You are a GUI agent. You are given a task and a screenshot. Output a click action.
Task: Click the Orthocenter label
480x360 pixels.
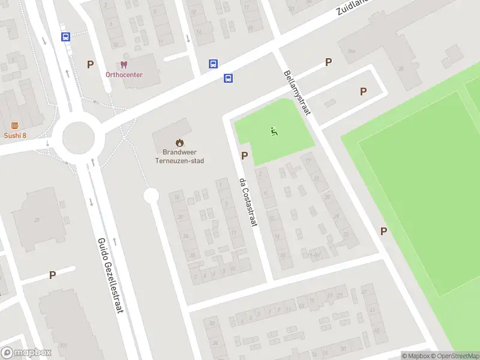(x=124, y=75)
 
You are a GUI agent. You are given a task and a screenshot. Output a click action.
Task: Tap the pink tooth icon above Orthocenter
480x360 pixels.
(x=124, y=64)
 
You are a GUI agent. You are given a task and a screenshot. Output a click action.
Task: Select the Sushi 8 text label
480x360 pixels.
(x=15, y=136)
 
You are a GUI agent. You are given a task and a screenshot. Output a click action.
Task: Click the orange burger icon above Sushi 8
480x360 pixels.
(x=14, y=125)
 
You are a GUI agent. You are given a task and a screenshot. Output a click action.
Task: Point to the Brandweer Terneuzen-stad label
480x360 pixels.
(x=179, y=157)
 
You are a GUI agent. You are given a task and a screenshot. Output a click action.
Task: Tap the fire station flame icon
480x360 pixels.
(x=179, y=143)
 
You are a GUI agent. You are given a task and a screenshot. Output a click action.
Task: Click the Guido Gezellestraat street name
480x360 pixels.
(x=110, y=275)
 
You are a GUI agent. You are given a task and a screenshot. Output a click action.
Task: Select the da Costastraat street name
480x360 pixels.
(x=248, y=202)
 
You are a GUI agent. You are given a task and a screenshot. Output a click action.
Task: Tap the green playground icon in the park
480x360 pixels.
(x=274, y=131)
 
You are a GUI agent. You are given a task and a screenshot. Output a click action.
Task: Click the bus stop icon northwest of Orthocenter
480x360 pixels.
(x=65, y=37)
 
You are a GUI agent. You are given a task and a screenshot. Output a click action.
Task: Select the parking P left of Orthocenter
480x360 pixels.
(x=91, y=64)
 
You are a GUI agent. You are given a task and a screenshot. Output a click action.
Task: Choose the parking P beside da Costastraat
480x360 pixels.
(x=244, y=155)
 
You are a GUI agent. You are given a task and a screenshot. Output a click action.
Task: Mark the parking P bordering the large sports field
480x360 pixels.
(x=383, y=231)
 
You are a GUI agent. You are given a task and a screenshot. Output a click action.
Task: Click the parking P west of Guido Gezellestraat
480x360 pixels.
(x=52, y=275)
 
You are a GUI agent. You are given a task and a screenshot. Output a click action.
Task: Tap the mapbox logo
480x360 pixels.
(x=26, y=353)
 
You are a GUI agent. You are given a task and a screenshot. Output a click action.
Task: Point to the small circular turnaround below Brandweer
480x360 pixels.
(x=151, y=195)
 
